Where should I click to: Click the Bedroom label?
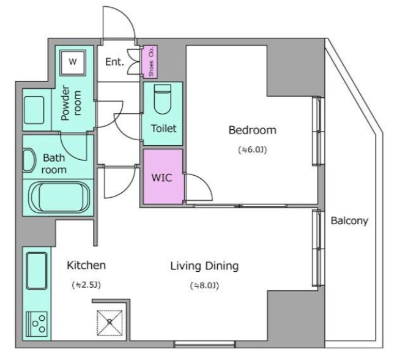pyautogui.click(x=252, y=130)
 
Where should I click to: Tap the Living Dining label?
pyautogui.click(x=204, y=266)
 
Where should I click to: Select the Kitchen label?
pyautogui.click(x=86, y=266)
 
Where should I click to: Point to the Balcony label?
pyautogui.click(x=349, y=221)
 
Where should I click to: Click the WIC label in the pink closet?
pyautogui.click(x=161, y=178)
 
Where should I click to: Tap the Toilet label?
pyautogui.click(x=163, y=129)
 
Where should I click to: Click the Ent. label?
pyautogui.click(x=114, y=62)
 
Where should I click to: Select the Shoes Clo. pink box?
pyautogui.click(x=150, y=61)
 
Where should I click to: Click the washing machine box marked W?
pyautogui.click(x=73, y=61)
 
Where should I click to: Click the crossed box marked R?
pyautogui.click(x=109, y=321)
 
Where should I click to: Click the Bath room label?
pyautogui.click(x=54, y=163)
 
